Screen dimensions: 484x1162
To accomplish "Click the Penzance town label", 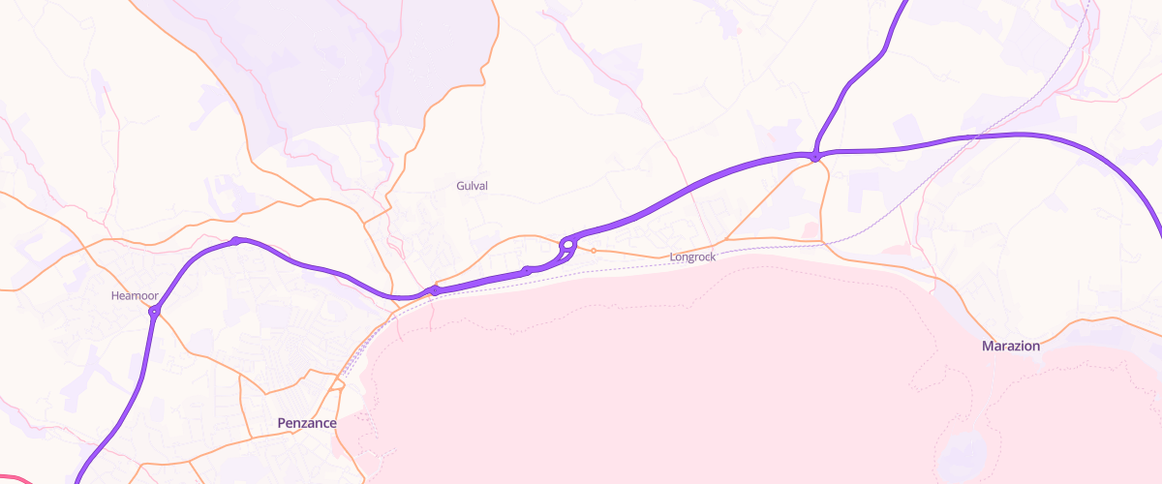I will click(x=306, y=423).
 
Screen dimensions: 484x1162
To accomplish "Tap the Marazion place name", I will click(x=1011, y=346).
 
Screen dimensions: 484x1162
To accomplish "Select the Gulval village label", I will click(x=472, y=185).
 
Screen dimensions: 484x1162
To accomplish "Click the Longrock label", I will click(x=692, y=257).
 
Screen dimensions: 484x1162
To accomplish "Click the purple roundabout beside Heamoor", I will click(x=154, y=311).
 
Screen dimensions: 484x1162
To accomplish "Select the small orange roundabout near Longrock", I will click(x=594, y=251).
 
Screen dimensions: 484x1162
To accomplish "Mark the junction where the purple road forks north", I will click(x=816, y=156).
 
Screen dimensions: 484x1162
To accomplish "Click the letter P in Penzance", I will click(x=281, y=423).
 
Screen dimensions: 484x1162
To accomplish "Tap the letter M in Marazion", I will click(x=988, y=346).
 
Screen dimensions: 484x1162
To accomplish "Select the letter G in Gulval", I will click(x=460, y=185).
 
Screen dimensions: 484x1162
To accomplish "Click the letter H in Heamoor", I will click(x=115, y=294).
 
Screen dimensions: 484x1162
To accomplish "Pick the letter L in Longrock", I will click(x=673, y=257).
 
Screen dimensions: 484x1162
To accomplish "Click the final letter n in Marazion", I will click(x=1035, y=346).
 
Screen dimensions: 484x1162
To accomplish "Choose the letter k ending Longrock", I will click(x=713, y=257).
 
